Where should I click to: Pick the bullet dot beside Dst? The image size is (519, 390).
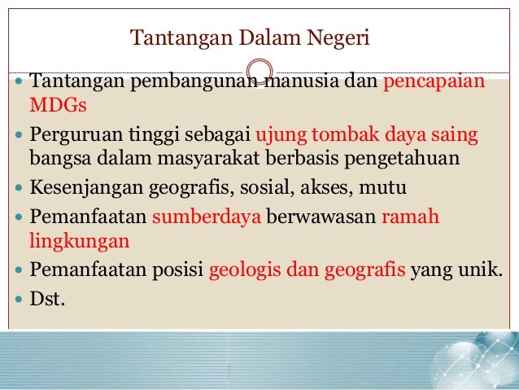(20, 299)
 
